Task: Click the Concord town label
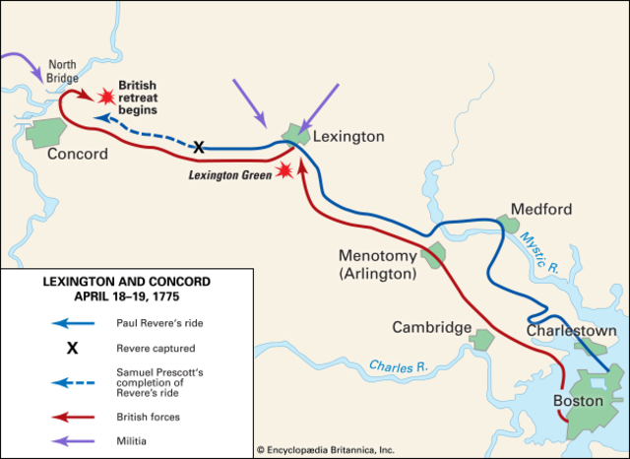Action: (x=76, y=155)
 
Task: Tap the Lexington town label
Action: (x=347, y=137)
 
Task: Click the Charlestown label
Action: (x=572, y=332)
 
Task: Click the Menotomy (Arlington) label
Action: (x=378, y=265)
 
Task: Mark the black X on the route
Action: (x=198, y=147)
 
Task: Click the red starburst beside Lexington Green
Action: (x=285, y=170)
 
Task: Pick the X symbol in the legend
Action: (x=72, y=348)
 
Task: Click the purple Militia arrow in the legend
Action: (x=72, y=441)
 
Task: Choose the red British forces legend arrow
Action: (x=72, y=418)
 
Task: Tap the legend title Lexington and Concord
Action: (x=126, y=288)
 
